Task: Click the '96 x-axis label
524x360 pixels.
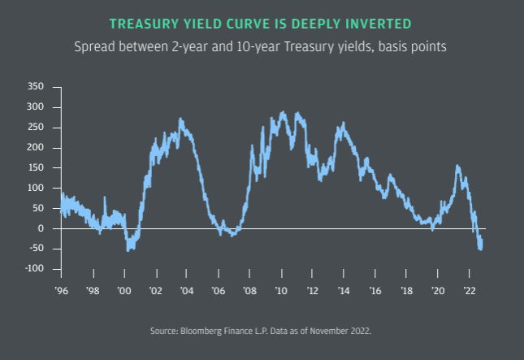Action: coord(61,289)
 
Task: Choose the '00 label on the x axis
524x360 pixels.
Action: coord(123,289)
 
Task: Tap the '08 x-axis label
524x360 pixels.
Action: coord(249,289)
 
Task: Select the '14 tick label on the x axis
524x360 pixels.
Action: coord(344,289)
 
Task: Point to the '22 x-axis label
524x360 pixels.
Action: coord(470,289)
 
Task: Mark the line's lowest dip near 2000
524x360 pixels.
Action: coord(128,249)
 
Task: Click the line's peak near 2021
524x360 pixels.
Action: coord(457,166)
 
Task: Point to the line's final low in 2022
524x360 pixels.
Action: coord(481,249)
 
